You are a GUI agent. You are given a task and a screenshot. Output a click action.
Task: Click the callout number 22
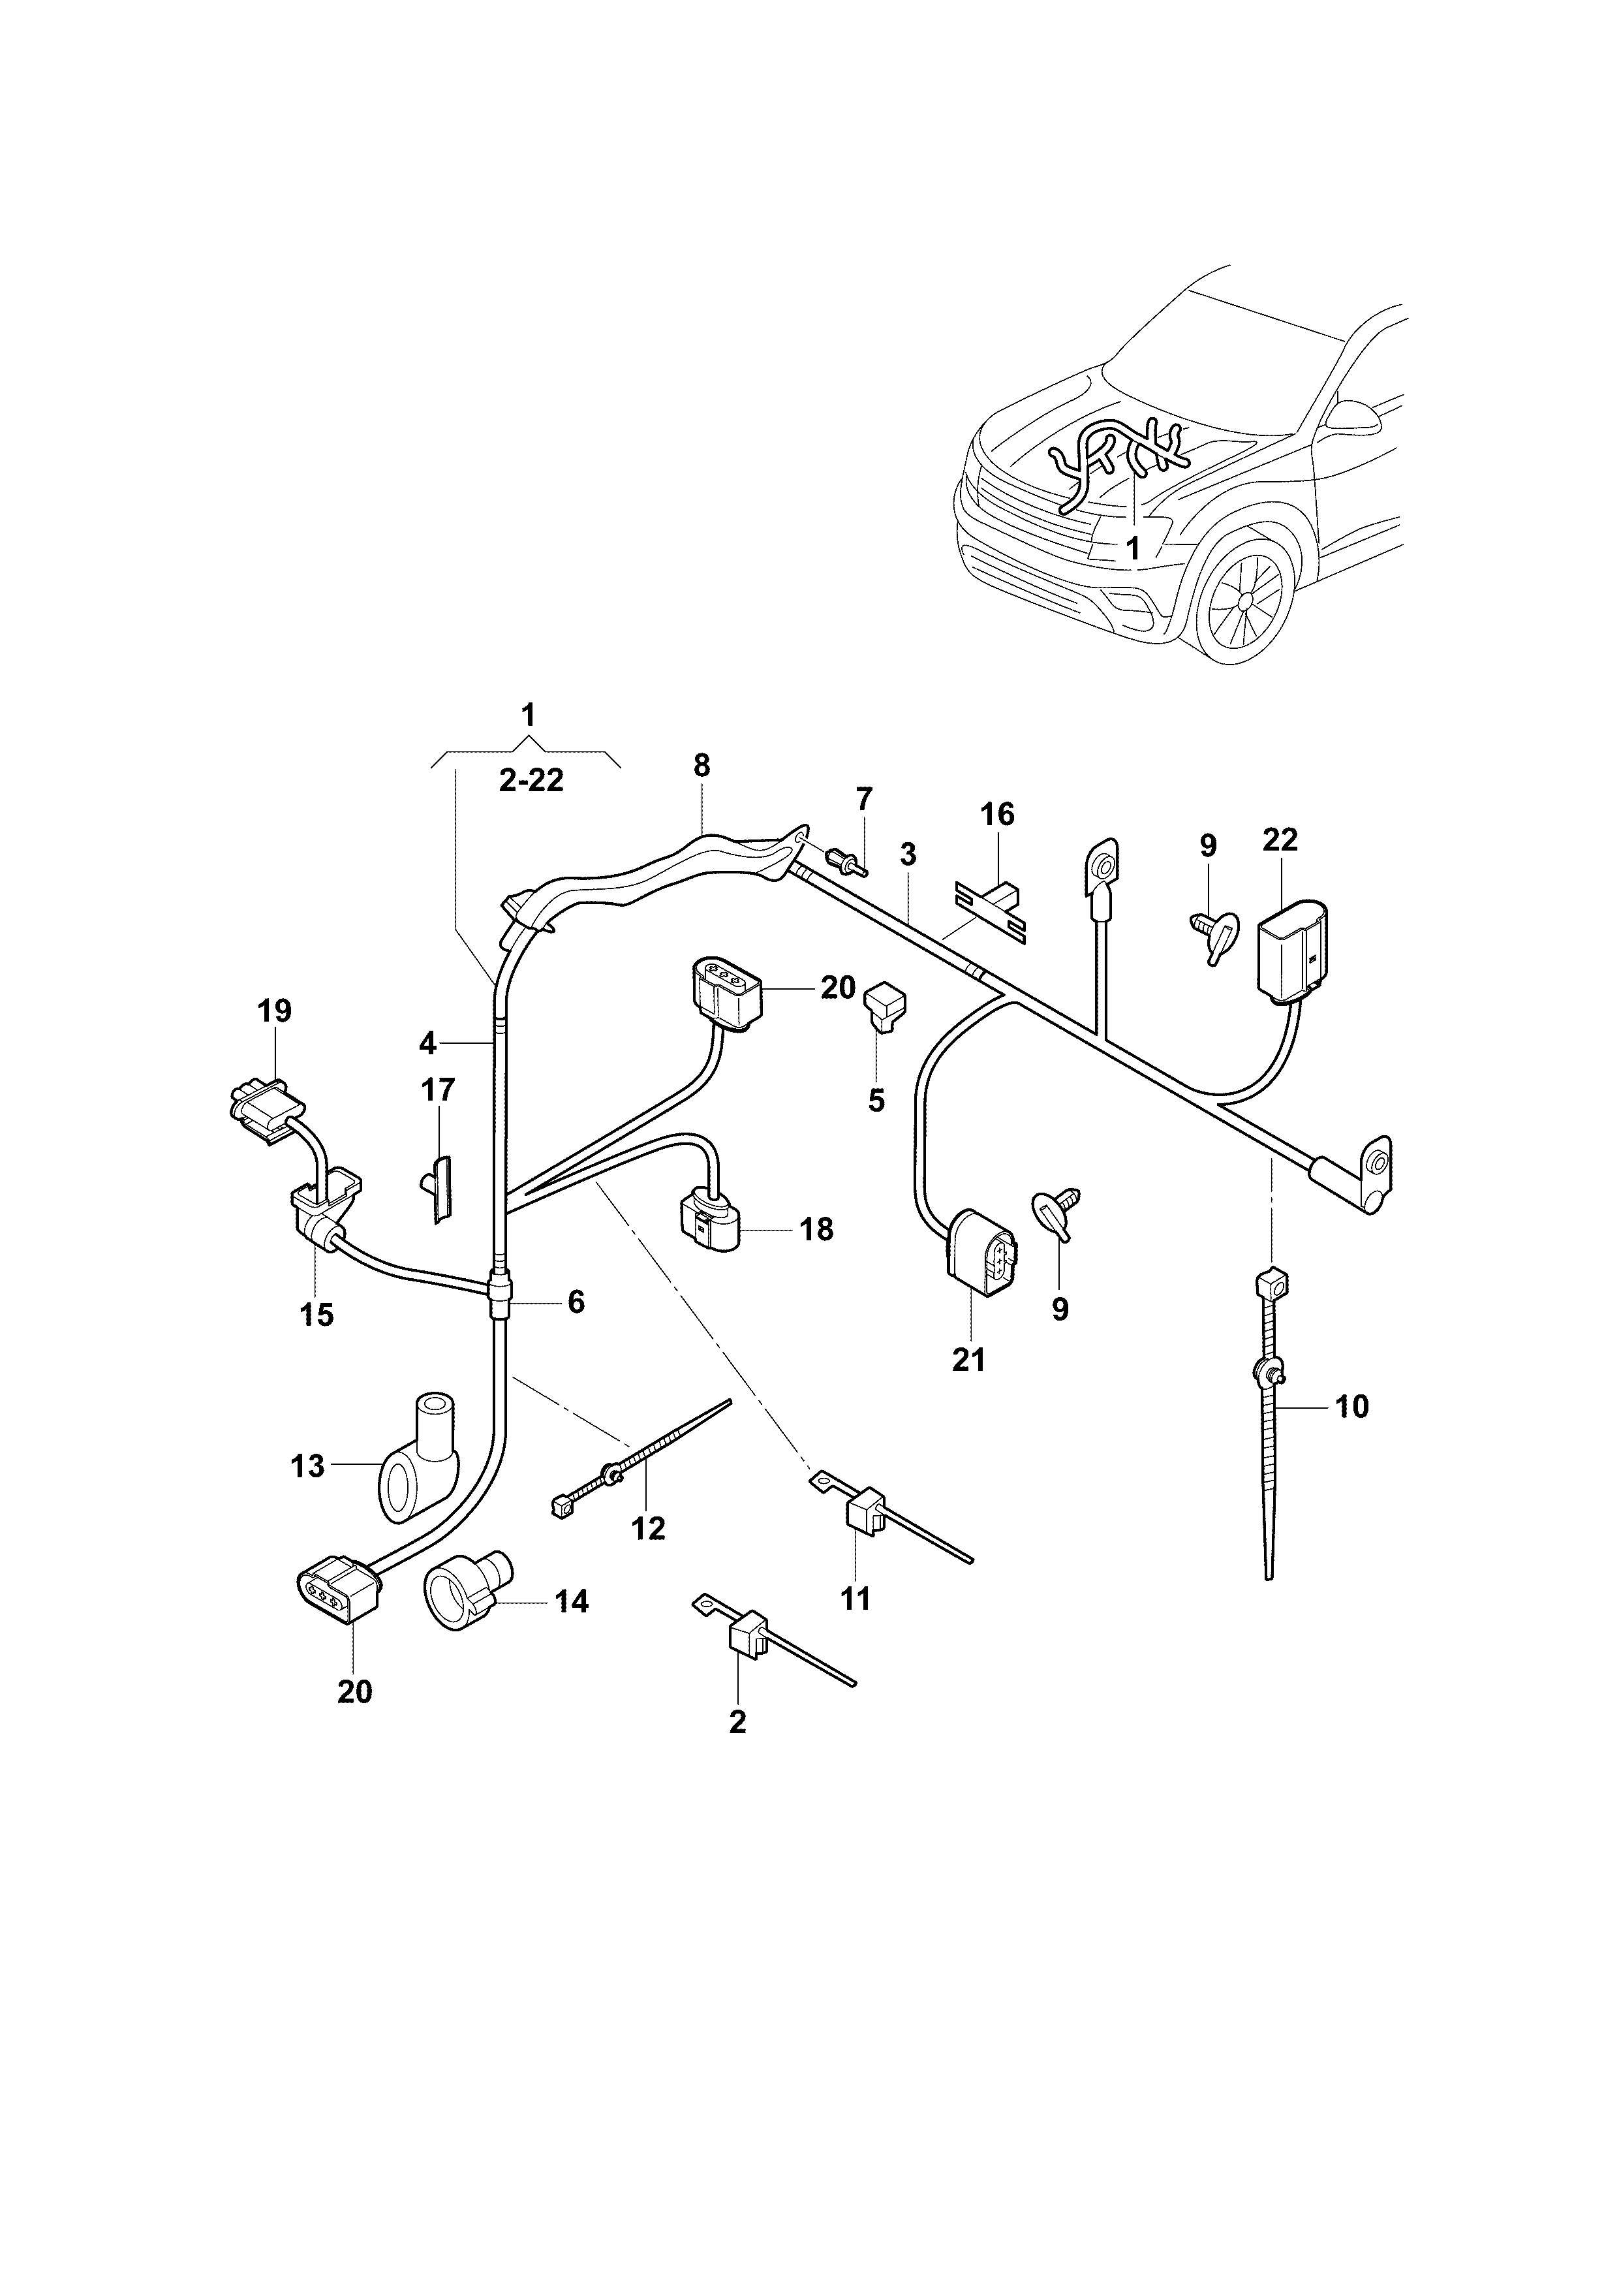pyautogui.click(x=1280, y=841)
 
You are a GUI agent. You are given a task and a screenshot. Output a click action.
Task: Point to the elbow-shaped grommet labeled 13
pyautogui.click(x=417, y=1469)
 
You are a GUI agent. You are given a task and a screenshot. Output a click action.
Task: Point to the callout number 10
pyautogui.click(x=1352, y=1407)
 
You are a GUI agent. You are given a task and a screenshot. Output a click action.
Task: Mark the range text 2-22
pyautogui.click(x=531, y=780)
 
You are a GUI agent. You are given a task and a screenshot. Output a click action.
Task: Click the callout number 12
pyautogui.click(x=648, y=1528)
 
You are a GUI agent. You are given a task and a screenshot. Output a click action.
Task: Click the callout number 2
pyautogui.click(x=738, y=1723)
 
